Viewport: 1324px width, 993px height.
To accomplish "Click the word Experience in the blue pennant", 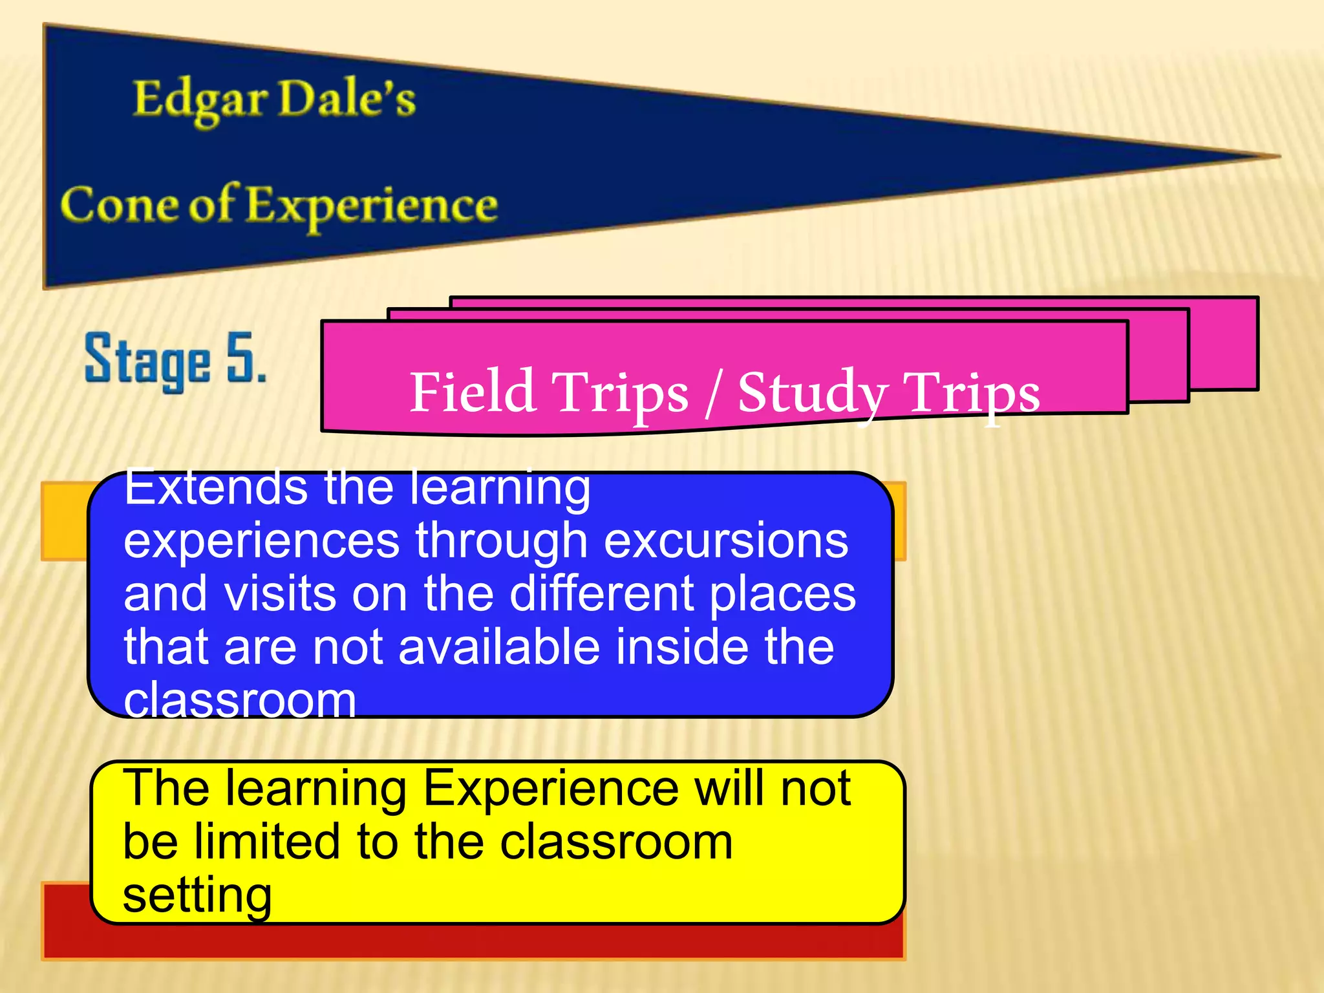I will pos(372,206).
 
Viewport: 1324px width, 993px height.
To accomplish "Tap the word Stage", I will pos(147,361).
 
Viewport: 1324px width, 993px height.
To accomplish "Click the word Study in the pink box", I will pos(812,392).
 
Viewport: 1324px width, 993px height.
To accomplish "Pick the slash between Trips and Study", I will pos(713,392).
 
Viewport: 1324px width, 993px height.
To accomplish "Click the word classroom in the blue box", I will pos(239,699).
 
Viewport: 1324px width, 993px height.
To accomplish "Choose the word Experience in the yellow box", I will pos(550,788).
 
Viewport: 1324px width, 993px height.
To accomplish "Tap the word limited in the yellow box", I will pos(267,842).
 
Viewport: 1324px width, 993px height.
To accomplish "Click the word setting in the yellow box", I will pos(197,896).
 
